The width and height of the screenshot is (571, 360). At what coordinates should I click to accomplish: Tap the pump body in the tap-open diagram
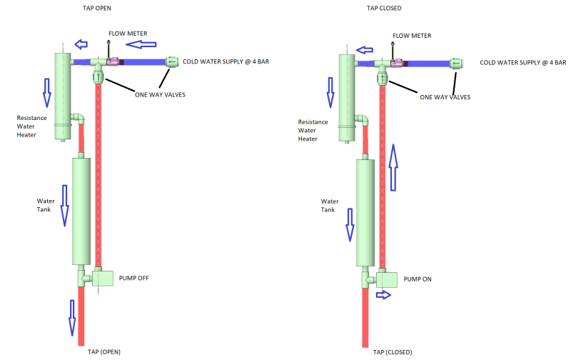click(106, 277)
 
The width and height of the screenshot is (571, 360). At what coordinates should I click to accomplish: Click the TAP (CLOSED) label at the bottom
click(393, 352)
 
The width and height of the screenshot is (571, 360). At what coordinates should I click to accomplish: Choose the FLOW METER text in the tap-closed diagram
click(412, 35)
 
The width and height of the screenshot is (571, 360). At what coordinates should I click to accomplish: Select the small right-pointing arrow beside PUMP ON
click(383, 295)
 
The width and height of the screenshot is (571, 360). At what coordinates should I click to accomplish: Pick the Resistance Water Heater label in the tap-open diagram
click(32, 126)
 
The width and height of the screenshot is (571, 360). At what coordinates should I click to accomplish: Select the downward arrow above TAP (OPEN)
click(72, 317)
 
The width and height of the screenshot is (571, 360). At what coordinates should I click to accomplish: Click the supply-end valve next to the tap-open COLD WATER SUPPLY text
click(172, 62)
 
